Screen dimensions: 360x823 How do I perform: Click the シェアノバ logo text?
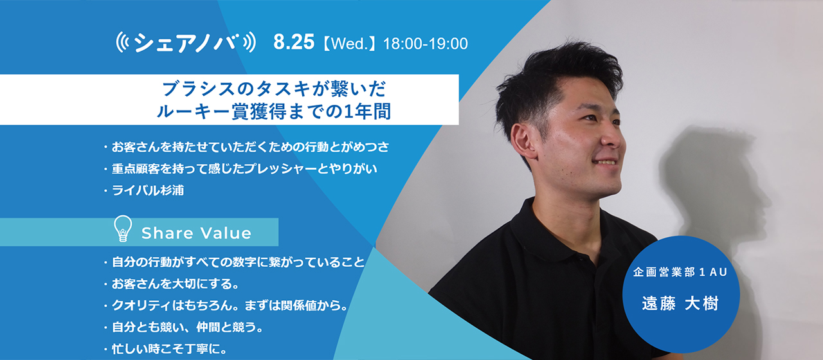[x=186, y=43]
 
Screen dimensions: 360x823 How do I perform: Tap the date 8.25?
[x=293, y=43]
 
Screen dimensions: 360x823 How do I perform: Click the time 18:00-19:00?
[x=425, y=44]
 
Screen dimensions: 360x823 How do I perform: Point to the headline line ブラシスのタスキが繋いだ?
[x=273, y=87]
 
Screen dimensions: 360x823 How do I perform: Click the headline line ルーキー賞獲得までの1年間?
[x=273, y=111]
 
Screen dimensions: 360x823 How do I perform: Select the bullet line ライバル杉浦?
[x=147, y=191]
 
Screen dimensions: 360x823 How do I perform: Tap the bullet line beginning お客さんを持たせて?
[x=249, y=147]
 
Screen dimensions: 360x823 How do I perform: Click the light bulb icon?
[x=123, y=229]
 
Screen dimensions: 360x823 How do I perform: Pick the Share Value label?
[x=196, y=233]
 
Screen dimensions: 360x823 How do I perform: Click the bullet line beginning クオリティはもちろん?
[x=229, y=305]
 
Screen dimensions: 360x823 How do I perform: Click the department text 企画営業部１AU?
[x=680, y=273]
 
